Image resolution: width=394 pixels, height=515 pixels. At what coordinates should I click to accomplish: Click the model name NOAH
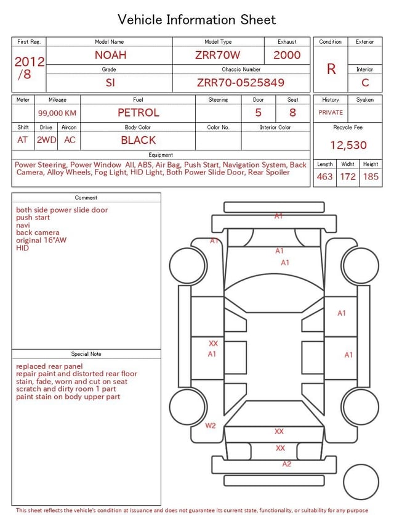click(110, 55)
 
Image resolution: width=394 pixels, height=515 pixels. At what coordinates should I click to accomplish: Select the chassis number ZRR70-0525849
click(241, 83)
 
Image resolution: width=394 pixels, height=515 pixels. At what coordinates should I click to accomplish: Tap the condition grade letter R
click(331, 69)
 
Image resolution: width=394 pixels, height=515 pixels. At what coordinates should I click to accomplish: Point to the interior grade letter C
click(365, 83)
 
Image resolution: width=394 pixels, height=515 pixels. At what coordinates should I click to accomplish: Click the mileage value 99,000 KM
click(57, 113)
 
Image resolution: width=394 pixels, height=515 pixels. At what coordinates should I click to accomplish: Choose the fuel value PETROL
click(139, 113)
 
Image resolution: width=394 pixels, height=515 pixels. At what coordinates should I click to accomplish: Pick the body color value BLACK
click(139, 140)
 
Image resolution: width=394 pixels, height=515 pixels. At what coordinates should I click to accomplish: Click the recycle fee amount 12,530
click(348, 145)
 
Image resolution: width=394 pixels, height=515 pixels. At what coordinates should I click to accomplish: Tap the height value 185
click(371, 176)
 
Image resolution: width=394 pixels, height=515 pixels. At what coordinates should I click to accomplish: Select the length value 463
click(324, 176)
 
